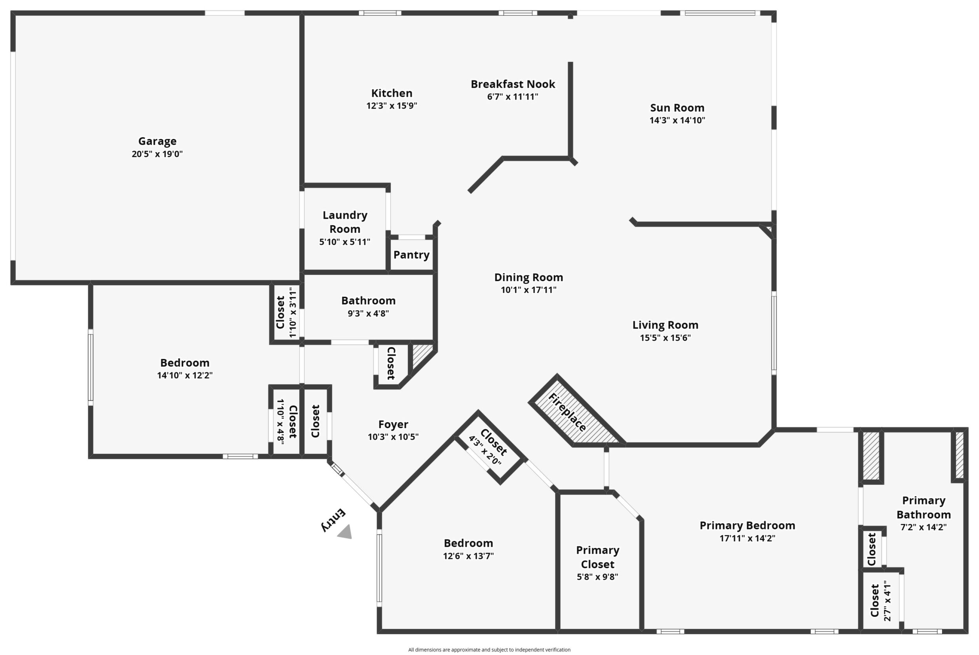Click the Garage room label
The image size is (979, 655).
[157, 141]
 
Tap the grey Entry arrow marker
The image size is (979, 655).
[346, 532]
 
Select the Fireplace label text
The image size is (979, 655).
[567, 412]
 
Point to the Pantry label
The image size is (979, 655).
[411, 255]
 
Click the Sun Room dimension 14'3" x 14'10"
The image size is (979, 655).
[677, 120]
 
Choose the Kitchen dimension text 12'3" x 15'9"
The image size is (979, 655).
[392, 106]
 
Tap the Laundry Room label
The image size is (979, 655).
[345, 222]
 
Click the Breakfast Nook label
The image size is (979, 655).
[513, 84]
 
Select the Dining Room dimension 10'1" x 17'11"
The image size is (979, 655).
[529, 290]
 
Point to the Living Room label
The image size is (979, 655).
[665, 325]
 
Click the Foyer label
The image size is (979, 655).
[393, 424]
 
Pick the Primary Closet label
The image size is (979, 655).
[598, 557]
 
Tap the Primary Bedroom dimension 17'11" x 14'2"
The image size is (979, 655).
[747, 539]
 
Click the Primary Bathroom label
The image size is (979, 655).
[923, 508]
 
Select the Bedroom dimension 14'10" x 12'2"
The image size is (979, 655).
[185, 375]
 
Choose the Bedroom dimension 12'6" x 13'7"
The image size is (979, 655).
[468, 556]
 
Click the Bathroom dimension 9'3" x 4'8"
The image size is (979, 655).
[368, 313]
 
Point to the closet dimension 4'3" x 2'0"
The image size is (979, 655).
[484, 451]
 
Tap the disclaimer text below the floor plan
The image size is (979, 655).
[489, 650]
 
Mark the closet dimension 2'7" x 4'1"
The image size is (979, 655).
[888, 603]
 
